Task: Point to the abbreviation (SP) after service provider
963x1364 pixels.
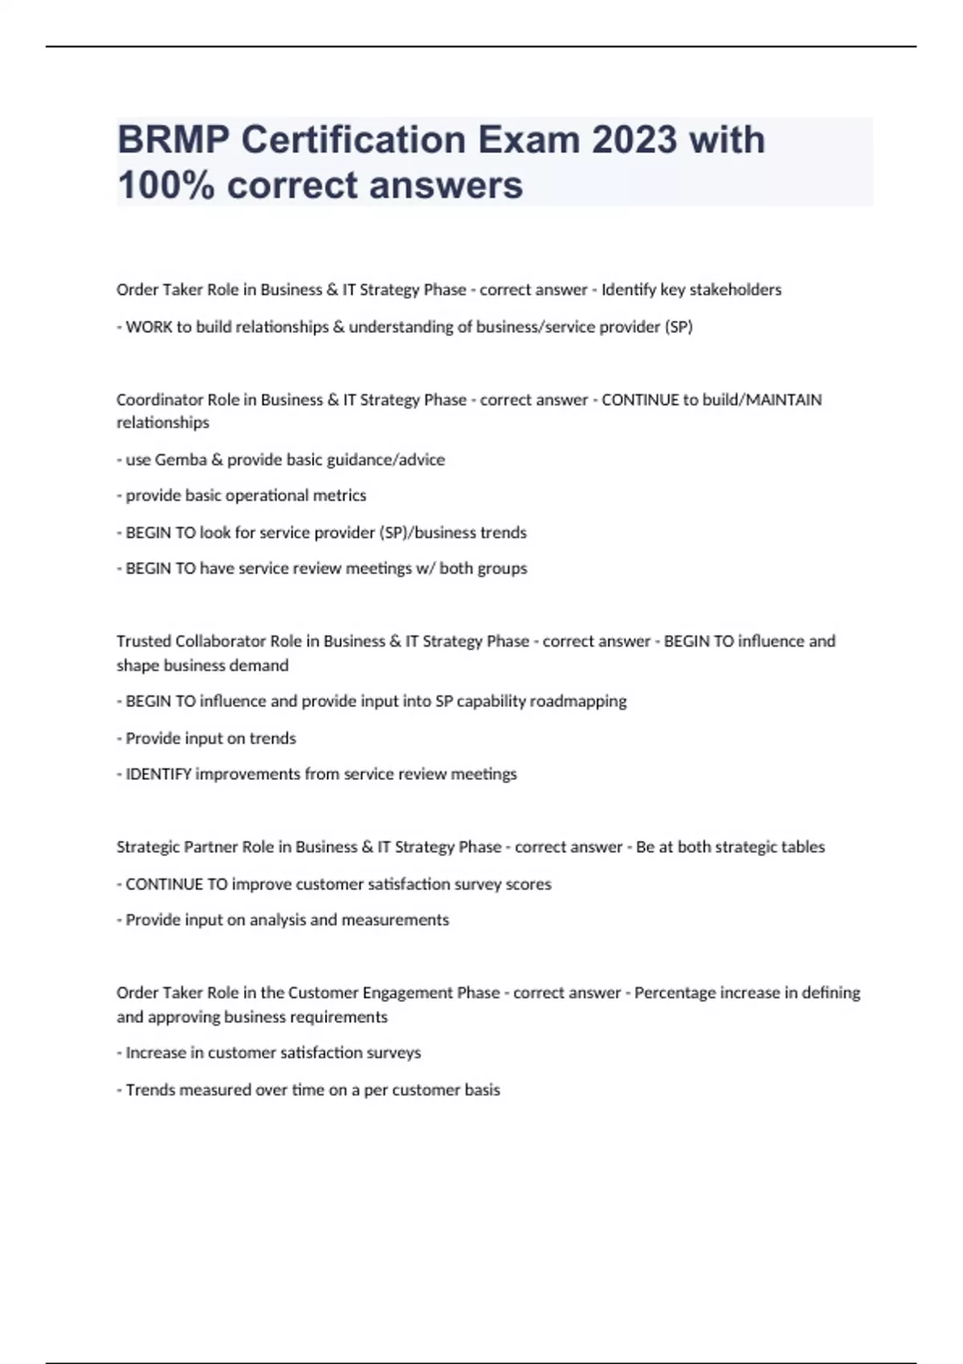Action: tap(678, 327)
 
